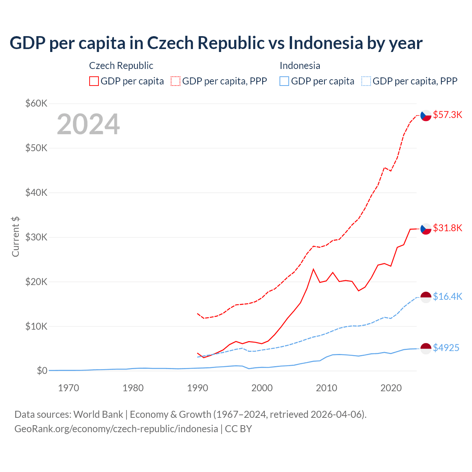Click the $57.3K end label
pyautogui.click(x=447, y=115)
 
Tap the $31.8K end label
pyautogui.click(x=447, y=228)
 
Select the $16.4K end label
pyautogui.click(x=447, y=296)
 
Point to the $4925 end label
pyautogui.click(x=446, y=348)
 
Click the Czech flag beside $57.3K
pyautogui.click(x=426, y=115)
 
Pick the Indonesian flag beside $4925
pyautogui.click(x=426, y=348)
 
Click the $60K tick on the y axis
pyautogui.click(x=36, y=103)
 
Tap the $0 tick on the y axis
pyautogui.click(x=42, y=371)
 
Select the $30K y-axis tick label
pyautogui.click(x=36, y=237)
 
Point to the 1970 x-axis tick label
pyautogui.click(x=69, y=388)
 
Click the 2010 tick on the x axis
pyautogui.click(x=326, y=388)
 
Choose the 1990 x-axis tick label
pyautogui.click(x=198, y=388)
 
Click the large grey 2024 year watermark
pyautogui.click(x=88, y=124)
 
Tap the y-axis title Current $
pyautogui.click(x=15, y=237)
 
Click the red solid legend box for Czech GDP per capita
pyautogui.click(x=94, y=81)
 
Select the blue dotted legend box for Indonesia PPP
pyautogui.click(x=366, y=81)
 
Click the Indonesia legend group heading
pyautogui.click(x=300, y=66)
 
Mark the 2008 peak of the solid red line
pyautogui.click(x=313, y=269)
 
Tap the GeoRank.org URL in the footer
pyautogui.click(x=116, y=429)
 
